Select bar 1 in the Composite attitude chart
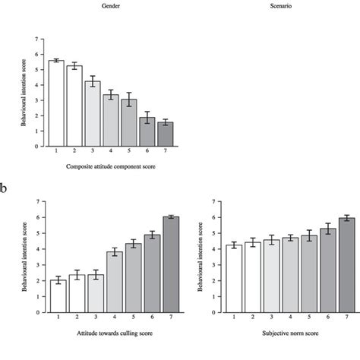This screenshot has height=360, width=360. click(x=56, y=103)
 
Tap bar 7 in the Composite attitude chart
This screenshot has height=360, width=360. click(x=165, y=134)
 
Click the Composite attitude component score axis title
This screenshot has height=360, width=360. click(x=111, y=166)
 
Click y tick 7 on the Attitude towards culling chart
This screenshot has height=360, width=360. click(x=39, y=202)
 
